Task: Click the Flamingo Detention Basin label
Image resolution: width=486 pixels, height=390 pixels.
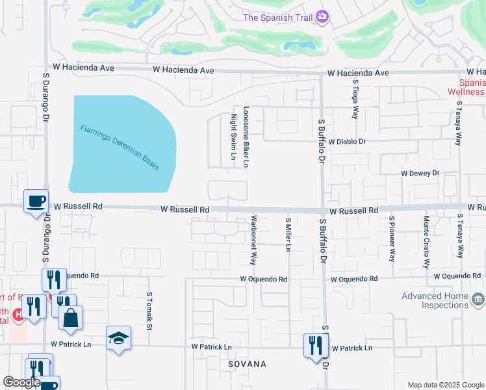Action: tap(120, 148)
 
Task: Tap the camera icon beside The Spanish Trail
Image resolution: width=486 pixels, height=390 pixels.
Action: tap(322, 18)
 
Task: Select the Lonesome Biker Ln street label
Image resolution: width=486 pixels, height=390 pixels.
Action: tap(246, 137)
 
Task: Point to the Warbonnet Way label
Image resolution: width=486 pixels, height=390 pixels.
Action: tap(253, 240)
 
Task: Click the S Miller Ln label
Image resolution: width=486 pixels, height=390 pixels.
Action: tap(288, 235)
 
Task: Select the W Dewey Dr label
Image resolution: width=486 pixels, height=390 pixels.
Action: tap(420, 174)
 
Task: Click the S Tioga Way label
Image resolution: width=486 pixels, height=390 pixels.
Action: tap(355, 99)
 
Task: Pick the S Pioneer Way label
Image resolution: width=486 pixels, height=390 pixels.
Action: tap(392, 239)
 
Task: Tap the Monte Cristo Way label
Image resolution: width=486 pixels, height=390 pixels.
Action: tap(427, 242)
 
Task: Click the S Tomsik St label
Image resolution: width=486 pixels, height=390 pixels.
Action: tap(149, 311)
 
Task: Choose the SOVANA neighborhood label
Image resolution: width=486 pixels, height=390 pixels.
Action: tap(247, 365)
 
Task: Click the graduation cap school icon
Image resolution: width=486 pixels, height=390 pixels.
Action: tap(119, 338)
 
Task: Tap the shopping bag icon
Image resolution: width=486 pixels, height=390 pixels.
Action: tap(70, 318)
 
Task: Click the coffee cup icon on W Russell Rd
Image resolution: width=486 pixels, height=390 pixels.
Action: tap(36, 201)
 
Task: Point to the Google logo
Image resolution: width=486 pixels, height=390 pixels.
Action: tap(21, 383)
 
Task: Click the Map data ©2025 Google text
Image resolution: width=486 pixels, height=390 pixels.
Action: tap(445, 385)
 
